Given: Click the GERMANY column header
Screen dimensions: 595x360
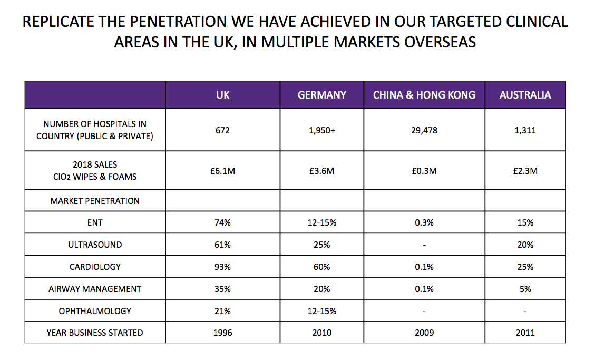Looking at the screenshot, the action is click(x=322, y=95).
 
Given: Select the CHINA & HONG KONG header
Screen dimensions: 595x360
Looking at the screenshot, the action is click(x=424, y=95).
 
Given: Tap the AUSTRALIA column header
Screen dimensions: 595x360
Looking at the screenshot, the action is click(x=525, y=95).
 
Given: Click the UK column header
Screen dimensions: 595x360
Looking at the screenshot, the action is click(x=223, y=95).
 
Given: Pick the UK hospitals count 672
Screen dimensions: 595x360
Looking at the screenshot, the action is click(x=223, y=131).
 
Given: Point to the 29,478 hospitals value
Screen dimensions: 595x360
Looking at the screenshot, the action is click(x=424, y=131).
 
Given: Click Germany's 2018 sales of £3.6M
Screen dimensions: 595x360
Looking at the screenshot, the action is click(x=322, y=171).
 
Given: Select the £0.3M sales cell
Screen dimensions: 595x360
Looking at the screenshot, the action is click(x=424, y=171).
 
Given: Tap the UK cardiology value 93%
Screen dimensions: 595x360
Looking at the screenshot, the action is click(x=223, y=267).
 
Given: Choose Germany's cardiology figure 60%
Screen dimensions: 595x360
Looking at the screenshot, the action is click(x=322, y=267).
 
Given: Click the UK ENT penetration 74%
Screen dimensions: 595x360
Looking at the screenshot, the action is click(x=223, y=222).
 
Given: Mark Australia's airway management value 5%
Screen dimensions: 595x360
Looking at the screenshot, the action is click(x=525, y=289).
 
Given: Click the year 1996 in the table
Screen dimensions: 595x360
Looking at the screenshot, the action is click(x=223, y=333).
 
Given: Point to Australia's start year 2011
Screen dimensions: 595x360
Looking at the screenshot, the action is click(x=525, y=333).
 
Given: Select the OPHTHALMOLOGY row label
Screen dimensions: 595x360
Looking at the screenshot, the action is click(x=95, y=311).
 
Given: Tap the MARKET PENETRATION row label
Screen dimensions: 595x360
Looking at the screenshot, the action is click(x=95, y=201).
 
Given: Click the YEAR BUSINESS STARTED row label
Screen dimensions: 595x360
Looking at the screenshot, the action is click(x=95, y=333).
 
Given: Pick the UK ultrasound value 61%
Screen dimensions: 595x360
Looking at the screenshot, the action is click(x=223, y=245).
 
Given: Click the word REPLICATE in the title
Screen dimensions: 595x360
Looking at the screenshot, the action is click(x=59, y=22).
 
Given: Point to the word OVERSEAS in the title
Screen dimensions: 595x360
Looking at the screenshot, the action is click(x=440, y=42).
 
